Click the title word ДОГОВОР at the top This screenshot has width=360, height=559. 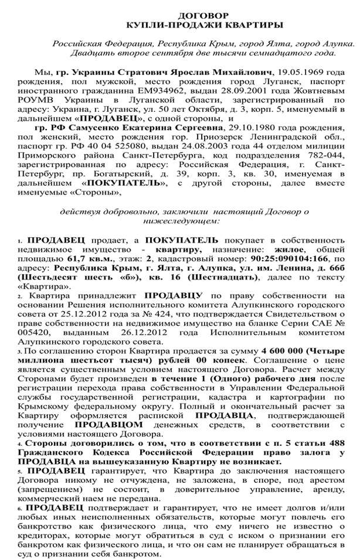tap(203, 14)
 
